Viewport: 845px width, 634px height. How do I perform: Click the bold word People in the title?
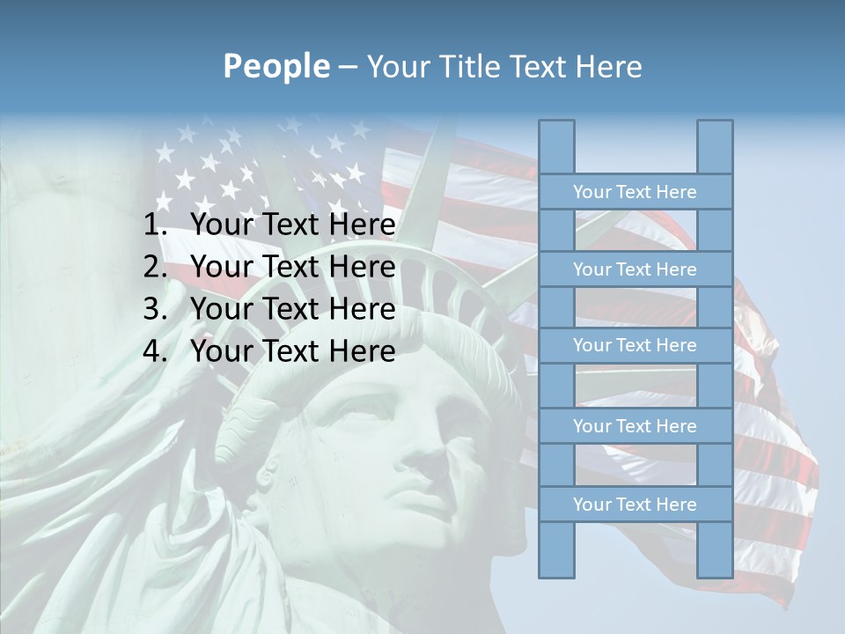(x=276, y=66)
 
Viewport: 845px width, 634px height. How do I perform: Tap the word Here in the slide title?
(x=607, y=66)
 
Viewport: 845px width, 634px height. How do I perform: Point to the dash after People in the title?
(x=348, y=67)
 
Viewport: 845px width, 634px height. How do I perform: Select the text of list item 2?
(x=292, y=267)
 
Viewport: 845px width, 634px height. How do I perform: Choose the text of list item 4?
(x=292, y=351)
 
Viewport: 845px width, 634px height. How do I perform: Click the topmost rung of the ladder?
(x=635, y=191)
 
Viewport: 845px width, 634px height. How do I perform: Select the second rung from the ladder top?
(x=635, y=269)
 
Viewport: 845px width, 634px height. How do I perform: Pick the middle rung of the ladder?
(x=635, y=345)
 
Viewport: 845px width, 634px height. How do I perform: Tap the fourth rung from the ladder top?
(x=635, y=425)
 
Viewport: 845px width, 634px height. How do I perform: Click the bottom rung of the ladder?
(x=635, y=504)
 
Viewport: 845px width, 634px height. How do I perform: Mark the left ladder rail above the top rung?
(x=556, y=147)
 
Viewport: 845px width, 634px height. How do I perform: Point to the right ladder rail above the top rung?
(x=715, y=147)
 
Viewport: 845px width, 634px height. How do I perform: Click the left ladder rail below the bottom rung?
(x=556, y=549)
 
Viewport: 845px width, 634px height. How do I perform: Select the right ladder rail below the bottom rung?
(x=715, y=549)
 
